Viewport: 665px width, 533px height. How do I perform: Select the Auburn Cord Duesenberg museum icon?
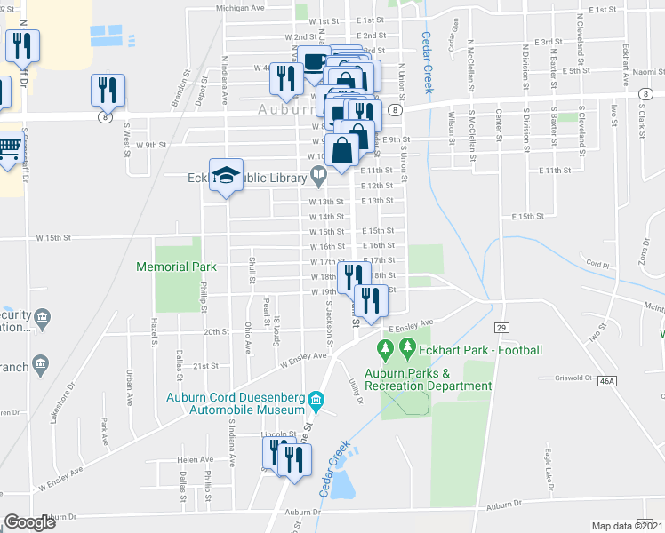click(315, 405)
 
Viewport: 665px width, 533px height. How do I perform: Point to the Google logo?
click(29, 522)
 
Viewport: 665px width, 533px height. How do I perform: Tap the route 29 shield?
click(501, 328)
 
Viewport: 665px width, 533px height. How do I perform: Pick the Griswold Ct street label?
click(573, 377)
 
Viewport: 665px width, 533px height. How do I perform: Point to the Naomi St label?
click(648, 70)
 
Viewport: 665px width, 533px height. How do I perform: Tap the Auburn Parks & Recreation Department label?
click(427, 380)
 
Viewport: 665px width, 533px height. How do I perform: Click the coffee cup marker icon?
click(314, 60)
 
